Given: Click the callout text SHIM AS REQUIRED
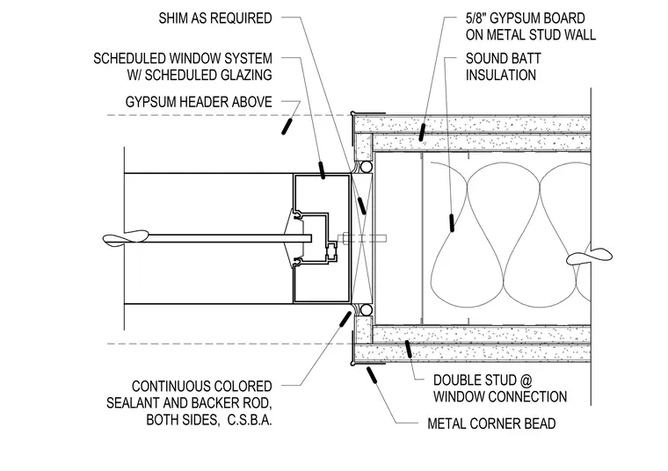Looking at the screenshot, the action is point(215,18).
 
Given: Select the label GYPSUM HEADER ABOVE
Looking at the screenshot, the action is point(199,102).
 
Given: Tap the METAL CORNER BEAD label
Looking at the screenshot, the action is point(491,424).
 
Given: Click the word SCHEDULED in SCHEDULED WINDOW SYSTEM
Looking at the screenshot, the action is point(128,58).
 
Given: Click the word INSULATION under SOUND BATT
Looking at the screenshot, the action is point(501,75).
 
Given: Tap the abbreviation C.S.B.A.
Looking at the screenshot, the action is point(250,420).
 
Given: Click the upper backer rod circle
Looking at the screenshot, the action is point(366,166).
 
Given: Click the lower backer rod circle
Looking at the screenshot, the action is point(366,309).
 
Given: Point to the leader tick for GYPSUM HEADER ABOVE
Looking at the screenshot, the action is point(287,127).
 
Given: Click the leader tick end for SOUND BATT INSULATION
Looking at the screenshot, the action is point(452,223).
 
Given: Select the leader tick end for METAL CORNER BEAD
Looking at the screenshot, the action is point(372,374).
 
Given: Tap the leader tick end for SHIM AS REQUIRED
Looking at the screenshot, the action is point(362,206).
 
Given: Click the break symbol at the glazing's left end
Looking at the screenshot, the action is point(126,237).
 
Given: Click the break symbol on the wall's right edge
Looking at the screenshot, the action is point(589,256).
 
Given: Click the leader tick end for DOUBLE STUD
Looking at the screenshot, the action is point(409,349).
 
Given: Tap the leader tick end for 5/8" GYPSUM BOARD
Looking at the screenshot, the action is point(422,132).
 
